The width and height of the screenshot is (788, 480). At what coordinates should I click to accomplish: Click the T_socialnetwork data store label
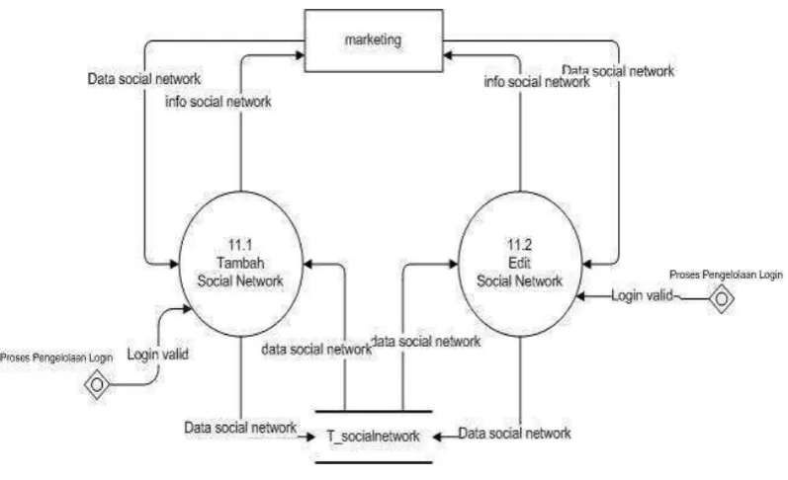coord(373,436)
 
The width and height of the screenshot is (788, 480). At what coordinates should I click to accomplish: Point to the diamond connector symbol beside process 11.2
coord(721,299)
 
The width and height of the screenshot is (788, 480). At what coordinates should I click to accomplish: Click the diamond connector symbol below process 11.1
coord(97,384)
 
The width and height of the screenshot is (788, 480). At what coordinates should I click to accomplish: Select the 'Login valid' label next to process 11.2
coord(642,295)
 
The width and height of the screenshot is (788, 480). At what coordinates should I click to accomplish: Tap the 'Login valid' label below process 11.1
coord(158,354)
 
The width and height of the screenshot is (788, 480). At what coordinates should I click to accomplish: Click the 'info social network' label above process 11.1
coord(219,102)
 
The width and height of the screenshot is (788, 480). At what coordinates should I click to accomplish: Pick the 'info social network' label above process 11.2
coord(537,81)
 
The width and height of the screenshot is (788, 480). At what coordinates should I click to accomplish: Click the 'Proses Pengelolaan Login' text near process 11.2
coord(726,275)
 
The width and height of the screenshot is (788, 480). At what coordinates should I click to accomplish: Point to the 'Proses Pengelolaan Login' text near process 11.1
coord(56,358)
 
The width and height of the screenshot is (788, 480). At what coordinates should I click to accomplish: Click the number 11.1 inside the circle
coord(240,245)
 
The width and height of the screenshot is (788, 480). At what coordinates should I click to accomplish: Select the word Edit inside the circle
coord(520,263)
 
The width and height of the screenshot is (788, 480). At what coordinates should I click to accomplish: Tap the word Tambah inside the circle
coord(240,263)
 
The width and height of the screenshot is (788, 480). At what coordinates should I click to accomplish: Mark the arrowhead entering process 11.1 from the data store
coord(308,264)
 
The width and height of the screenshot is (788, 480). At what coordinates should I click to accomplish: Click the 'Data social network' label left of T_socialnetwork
coord(240,428)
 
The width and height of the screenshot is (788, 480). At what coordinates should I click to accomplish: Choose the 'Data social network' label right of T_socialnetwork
coord(514,433)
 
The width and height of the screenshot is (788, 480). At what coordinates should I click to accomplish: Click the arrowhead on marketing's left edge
coord(300,54)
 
